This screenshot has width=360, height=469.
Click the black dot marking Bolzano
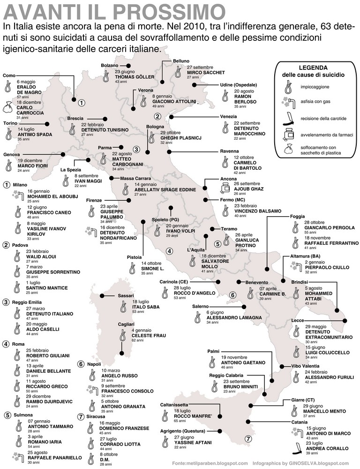[129, 65]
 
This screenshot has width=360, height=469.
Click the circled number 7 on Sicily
[248, 439]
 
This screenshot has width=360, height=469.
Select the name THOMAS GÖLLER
[135, 77]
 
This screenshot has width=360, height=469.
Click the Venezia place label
[232, 116]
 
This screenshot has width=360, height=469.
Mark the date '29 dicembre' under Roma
[38, 396]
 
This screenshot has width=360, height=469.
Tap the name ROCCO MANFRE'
[180, 416]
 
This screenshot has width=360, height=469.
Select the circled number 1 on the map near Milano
[81, 103]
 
